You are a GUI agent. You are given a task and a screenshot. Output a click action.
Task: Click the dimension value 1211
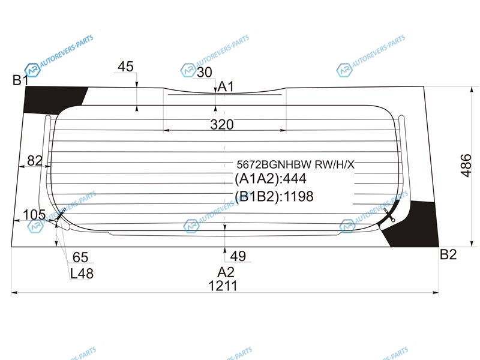point(223,286)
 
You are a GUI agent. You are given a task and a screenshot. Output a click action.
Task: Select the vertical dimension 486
point(466,166)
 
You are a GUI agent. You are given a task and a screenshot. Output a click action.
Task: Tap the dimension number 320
point(222,125)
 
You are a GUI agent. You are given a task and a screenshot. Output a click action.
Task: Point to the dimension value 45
point(126,67)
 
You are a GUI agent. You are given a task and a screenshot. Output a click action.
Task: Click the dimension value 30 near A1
point(205,72)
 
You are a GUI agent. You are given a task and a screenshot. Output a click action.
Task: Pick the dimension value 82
point(35,160)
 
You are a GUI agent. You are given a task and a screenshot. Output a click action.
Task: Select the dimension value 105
point(34,215)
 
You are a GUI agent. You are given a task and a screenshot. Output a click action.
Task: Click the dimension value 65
point(80,257)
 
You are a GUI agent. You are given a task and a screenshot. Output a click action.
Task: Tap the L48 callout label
point(82,274)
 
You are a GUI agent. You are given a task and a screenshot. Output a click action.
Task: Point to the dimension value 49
point(238,256)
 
